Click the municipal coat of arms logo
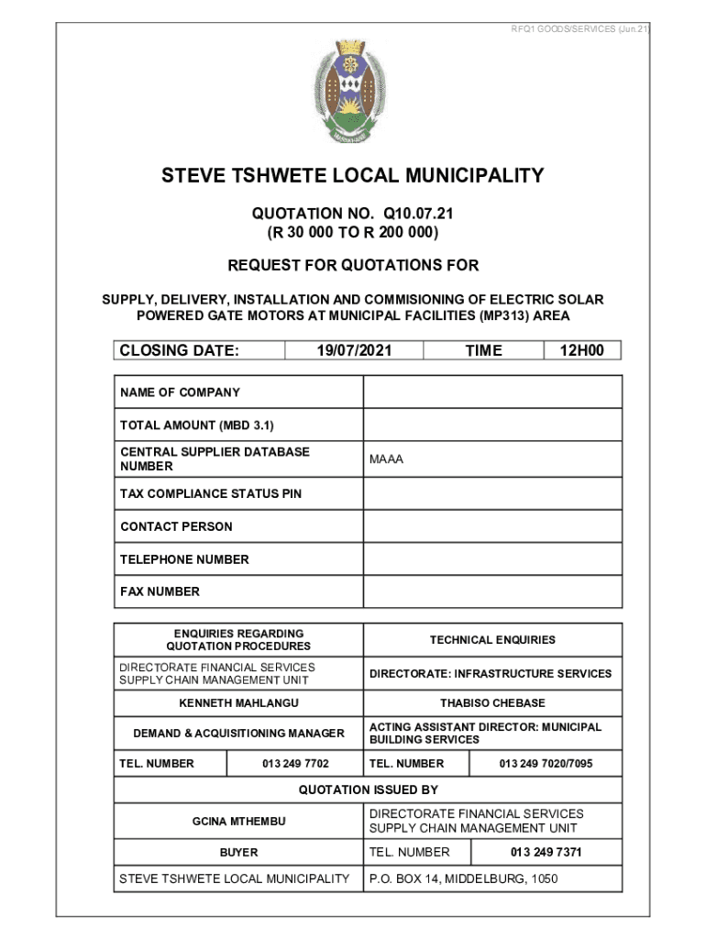coord(352,93)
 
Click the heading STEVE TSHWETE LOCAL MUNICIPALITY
coord(353,175)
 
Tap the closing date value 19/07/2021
coord(354,350)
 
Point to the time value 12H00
coord(581,350)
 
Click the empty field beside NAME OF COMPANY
coord(492,392)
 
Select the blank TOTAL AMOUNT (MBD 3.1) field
coord(492,425)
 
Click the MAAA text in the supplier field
coord(386,459)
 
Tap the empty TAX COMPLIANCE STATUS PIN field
coord(492,494)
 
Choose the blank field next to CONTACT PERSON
coord(492,526)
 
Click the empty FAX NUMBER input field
coord(492,591)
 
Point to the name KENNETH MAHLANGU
coord(238,703)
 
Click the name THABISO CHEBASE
coord(492,703)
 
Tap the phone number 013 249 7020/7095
coord(546,764)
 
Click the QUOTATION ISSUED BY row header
coord(368,790)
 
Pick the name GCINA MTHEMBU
coord(238,821)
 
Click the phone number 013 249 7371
coord(546,852)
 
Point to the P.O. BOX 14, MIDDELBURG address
coord(463,879)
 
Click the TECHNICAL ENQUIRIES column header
coord(492,640)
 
